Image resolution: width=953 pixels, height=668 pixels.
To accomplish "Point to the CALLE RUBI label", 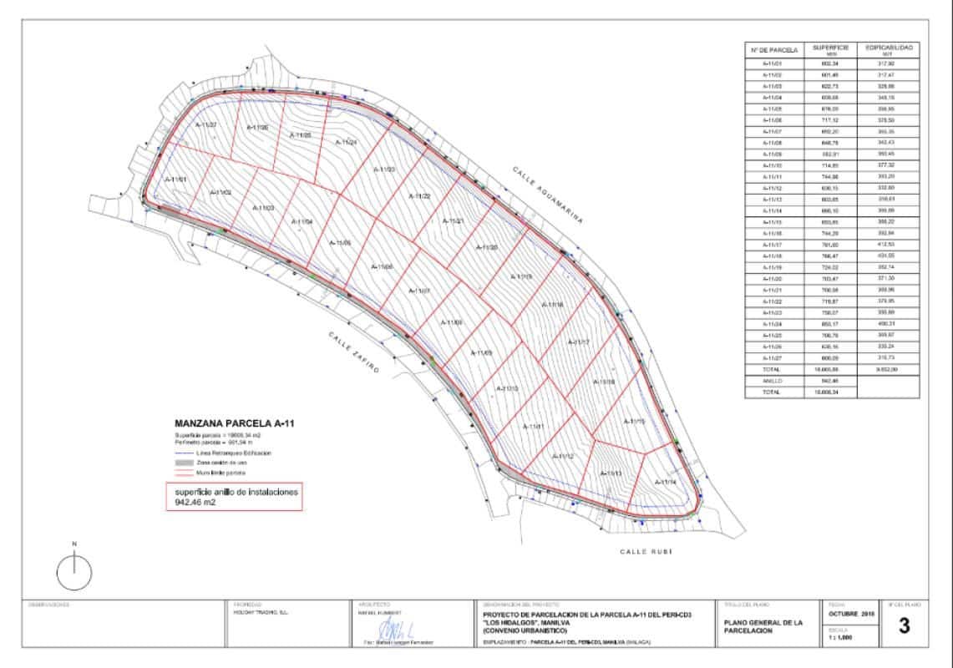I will click(x=646, y=552).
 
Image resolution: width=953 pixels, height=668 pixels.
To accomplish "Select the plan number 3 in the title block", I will click(x=903, y=627).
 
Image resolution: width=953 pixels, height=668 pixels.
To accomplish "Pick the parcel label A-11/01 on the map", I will click(x=175, y=180).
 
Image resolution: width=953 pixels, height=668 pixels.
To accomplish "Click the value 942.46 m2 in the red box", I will click(x=195, y=503).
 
